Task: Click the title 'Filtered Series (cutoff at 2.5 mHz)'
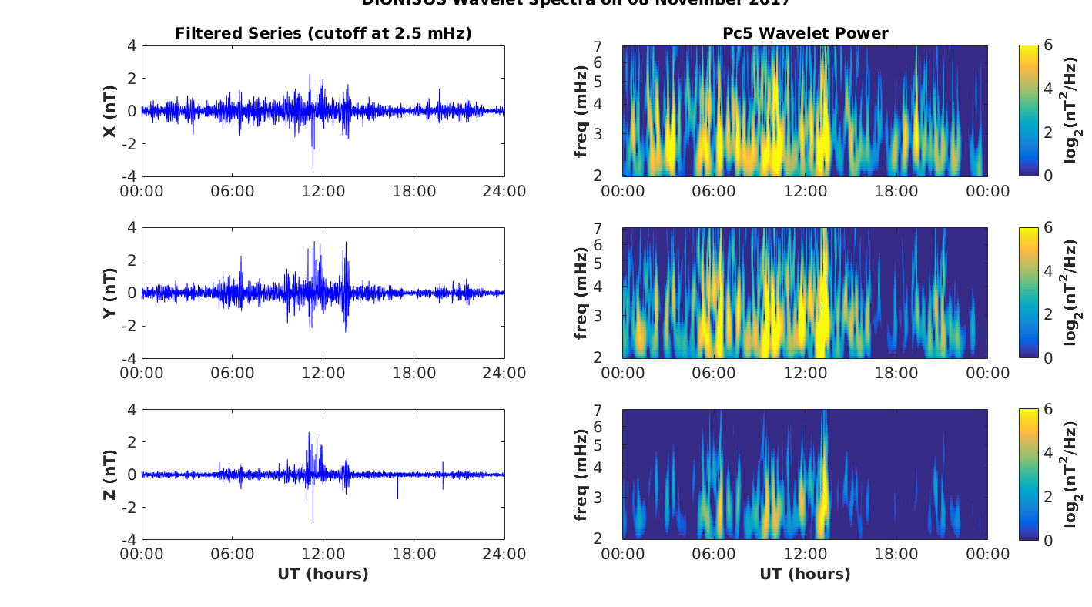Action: (x=323, y=33)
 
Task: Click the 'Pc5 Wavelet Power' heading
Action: (x=805, y=33)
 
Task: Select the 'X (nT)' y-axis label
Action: (x=110, y=112)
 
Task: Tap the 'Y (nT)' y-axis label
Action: (x=110, y=293)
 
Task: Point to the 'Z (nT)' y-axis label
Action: (x=110, y=475)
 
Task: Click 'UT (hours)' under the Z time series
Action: (x=323, y=575)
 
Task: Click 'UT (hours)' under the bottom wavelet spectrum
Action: (x=805, y=575)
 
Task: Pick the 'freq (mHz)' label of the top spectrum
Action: (x=582, y=112)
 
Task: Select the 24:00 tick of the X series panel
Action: (x=504, y=192)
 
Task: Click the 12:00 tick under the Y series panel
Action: (x=323, y=374)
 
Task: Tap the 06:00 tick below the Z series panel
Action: (x=233, y=555)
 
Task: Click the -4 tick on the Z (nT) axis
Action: (x=131, y=540)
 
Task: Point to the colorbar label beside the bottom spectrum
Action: (x=1071, y=475)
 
